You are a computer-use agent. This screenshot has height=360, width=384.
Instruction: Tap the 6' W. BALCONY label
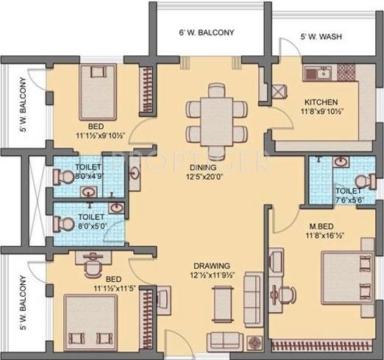coord(207,33)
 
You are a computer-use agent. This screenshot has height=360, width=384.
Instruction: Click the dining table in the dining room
coord(216,113)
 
